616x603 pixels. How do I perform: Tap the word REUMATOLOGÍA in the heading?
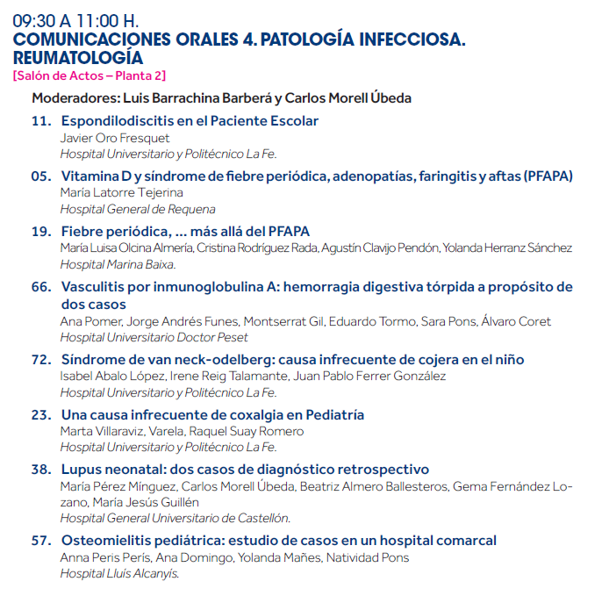78,58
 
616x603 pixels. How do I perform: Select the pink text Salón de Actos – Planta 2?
90,76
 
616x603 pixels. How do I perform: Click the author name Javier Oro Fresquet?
115,139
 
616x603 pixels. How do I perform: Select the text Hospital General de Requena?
138,209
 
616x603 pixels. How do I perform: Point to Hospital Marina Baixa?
118,264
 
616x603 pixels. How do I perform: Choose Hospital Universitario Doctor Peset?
154,337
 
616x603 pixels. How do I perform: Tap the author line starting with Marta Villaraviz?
182,431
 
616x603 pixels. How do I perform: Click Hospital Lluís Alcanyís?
119,573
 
